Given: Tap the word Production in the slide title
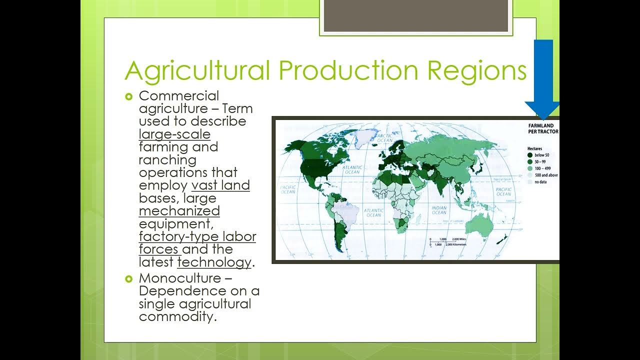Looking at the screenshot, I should [x=348, y=70].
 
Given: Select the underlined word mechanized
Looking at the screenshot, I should [x=179, y=211].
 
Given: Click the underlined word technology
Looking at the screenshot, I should [x=214, y=262].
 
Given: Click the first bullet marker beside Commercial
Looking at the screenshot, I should [x=128, y=96].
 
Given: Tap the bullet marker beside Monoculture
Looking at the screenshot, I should [x=128, y=278].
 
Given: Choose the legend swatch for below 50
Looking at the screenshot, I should [x=529, y=155].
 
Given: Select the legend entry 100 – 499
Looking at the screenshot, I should [x=542, y=169].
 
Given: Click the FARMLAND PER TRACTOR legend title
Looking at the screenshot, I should [x=543, y=128].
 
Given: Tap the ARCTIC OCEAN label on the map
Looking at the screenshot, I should [x=384, y=138].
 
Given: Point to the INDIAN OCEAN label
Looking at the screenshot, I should [x=438, y=209].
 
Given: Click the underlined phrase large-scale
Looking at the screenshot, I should [x=174, y=134].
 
